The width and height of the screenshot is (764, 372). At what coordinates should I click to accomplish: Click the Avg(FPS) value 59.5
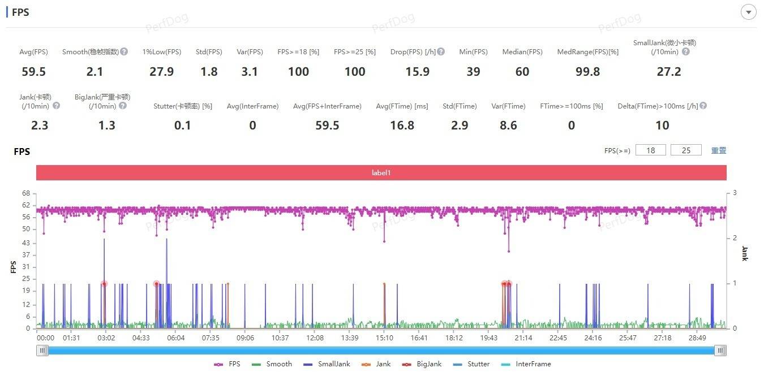point(33,72)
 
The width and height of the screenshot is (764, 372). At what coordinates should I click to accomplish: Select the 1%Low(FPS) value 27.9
point(161,72)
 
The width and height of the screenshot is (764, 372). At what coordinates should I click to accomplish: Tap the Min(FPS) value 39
point(473,72)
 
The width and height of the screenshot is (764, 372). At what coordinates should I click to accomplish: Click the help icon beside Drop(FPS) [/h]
point(441,51)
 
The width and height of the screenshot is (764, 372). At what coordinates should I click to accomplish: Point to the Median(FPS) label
point(522,52)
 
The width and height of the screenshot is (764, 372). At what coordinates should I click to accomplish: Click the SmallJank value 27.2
point(668,72)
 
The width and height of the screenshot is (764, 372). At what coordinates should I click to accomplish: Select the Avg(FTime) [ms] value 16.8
point(402,126)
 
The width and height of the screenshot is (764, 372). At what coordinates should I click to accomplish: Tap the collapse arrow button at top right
point(749,12)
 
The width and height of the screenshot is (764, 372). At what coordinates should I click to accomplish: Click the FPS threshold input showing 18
point(650,150)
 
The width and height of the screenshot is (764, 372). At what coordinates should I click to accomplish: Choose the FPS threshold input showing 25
point(686,150)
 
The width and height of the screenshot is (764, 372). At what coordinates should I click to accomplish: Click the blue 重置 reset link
point(719,150)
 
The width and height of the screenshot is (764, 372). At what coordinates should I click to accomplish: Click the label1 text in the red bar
point(381,173)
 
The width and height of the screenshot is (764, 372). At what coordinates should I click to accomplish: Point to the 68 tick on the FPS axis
point(26,193)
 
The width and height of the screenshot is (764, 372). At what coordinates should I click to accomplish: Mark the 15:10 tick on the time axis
point(384,338)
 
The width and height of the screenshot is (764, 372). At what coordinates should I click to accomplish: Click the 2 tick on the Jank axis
point(735,238)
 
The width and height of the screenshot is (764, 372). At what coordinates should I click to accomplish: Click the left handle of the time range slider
point(42,351)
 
